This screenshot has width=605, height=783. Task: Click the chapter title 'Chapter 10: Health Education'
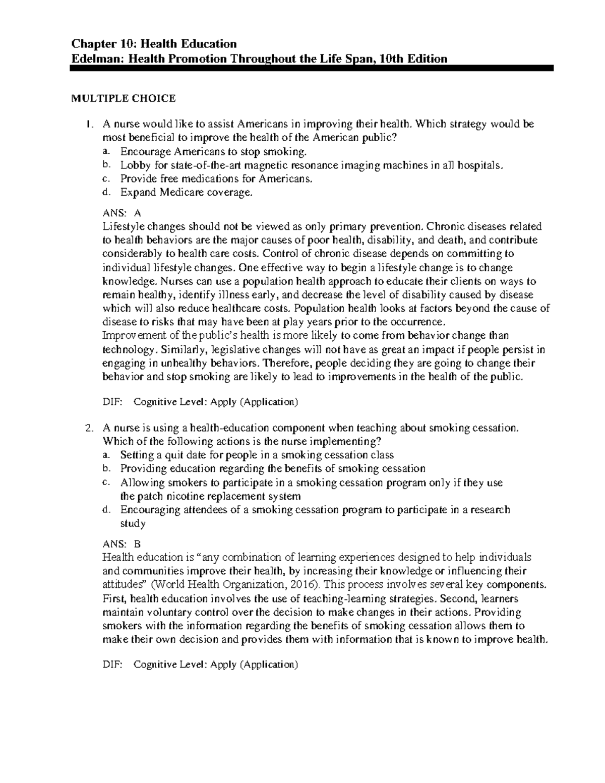coord(147,44)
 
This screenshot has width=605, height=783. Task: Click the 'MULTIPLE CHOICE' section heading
coord(123,98)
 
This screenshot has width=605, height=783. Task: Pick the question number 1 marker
coord(89,124)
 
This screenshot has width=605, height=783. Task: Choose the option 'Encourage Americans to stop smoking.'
coord(213,151)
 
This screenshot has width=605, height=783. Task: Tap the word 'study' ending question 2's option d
coord(133,523)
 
